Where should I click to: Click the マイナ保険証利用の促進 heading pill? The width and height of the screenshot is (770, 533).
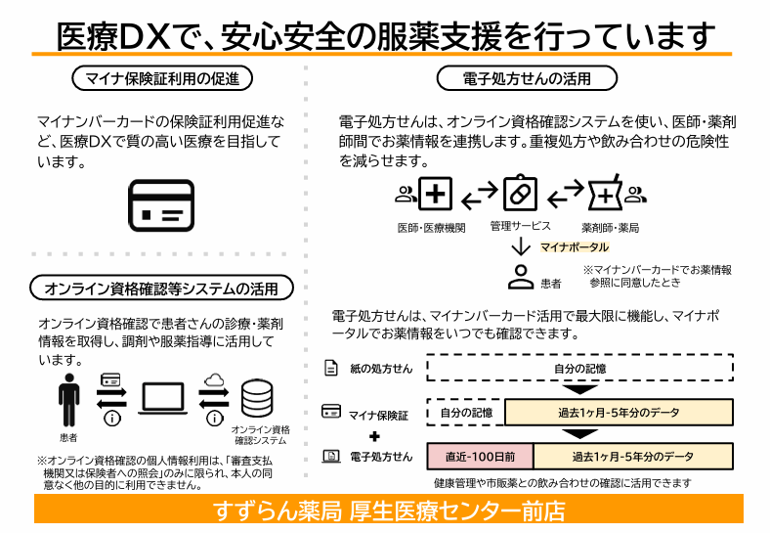pos(162,78)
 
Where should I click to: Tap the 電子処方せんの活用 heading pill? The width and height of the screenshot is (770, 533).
pos(527,78)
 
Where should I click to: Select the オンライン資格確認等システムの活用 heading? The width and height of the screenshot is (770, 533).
pos(161,289)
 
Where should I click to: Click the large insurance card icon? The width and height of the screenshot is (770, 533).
pos(161,205)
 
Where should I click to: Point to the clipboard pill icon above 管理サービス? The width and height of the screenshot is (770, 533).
pos(520,193)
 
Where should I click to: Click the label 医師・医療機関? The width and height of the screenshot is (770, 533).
pos(431,228)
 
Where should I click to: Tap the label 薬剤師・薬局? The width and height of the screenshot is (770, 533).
pos(611,228)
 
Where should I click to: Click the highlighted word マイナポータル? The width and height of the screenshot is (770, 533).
pos(575,247)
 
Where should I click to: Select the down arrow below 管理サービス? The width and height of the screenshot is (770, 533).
pos(521,246)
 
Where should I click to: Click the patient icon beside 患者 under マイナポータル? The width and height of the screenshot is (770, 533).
pos(521,277)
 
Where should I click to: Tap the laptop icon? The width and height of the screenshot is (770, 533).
pos(162,398)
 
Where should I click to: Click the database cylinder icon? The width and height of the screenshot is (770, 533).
pos(257,398)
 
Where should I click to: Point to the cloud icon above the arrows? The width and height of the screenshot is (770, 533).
pos(214,379)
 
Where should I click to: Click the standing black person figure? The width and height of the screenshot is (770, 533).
pos(68,400)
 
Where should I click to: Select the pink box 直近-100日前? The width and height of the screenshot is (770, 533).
pos(480,457)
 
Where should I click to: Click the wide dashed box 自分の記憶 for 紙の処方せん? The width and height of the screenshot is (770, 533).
pos(580,368)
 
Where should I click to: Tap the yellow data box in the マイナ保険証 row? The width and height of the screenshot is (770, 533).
pos(619,412)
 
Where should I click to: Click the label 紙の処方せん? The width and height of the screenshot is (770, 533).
pos(381,369)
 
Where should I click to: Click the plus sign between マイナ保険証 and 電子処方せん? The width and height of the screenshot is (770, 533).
pos(374,436)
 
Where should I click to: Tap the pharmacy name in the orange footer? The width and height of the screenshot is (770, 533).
pos(389,511)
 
